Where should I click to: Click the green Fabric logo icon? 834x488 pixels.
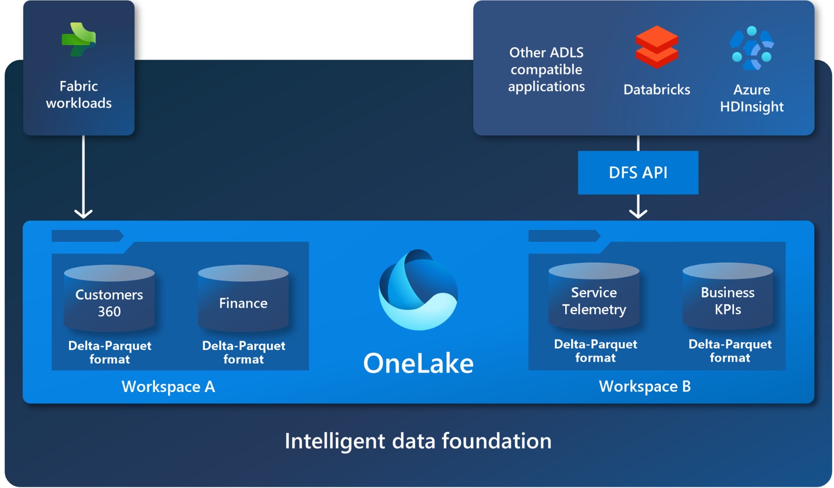pyautogui.click(x=79, y=40)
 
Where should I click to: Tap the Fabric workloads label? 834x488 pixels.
pyautogui.click(x=79, y=94)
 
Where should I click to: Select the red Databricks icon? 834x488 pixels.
pyautogui.click(x=656, y=47)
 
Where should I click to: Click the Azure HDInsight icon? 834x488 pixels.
pyautogui.click(x=751, y=48)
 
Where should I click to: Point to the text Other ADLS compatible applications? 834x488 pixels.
pyautogui.click(x=546, y=69)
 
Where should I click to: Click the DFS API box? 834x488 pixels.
pyautogui.click(x=637, y=173)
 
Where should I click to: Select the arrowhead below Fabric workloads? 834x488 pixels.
pyautogui.click(x=83, y=213)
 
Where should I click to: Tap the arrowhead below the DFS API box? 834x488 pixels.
pyautogui.click(x=638, y=213)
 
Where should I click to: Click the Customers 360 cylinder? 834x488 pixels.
pyautogui.click(x=109, y=299)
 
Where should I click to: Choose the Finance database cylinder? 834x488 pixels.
pyautogui.click(x=243, y=299)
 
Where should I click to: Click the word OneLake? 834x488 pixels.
pyautogui.click(x=418, y=363)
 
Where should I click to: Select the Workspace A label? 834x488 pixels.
pyautogui.click(x=168, y=387)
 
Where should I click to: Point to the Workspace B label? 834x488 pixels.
pyautogui.click(x=645, y=386)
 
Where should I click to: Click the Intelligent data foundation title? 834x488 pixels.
pyautogui.click(x=418, y=441)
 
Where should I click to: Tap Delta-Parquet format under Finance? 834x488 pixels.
pyautogui.click(x=243, y=352)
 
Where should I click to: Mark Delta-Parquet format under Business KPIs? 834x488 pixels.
pyautogui.click(x=730, y=351)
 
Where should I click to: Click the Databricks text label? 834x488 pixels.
pyautogui.click(x=656, y=90)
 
